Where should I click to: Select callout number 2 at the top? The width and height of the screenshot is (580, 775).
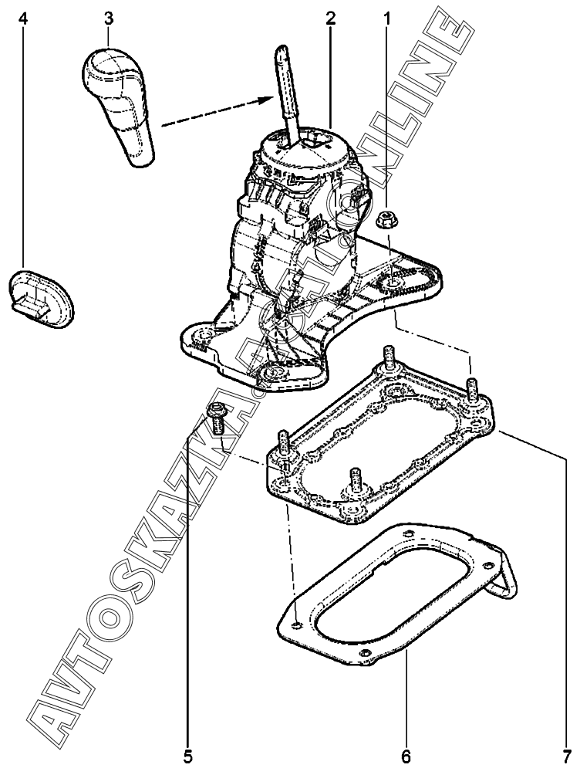pyautogui.click(x=330, y=17)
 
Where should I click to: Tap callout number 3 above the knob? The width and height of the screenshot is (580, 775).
pyautogui.click(x=109, y=17)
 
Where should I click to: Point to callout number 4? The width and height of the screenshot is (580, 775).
pyautogui.click(x=25, y=17)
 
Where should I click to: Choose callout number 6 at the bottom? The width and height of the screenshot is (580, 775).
pyautogui.click(x=406, y=755)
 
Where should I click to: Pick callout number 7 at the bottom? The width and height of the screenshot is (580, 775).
pyautogui.click(x=568, y=755)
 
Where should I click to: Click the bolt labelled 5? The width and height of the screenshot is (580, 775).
pyautogui.click(x=217, y=421)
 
